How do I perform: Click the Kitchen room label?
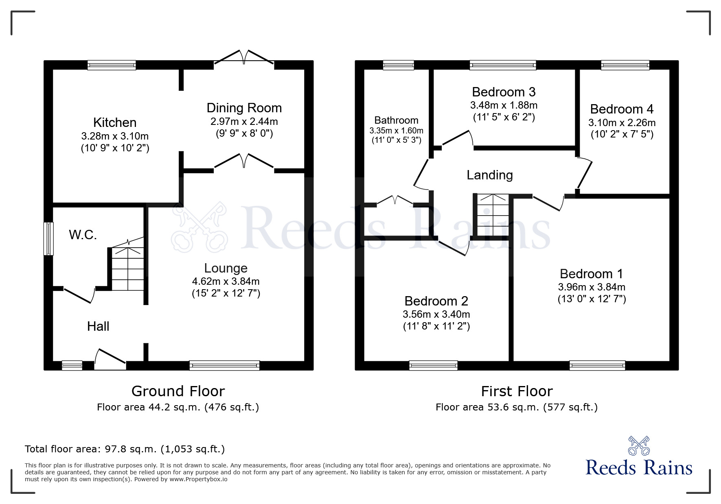click(115, 122)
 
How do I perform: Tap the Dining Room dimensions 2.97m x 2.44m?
click(244, 121)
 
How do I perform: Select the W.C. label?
click(83, 235)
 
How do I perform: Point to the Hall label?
click(98, 326)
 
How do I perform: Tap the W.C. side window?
click(49, 238)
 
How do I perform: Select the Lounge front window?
click(224, 365)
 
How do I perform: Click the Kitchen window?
click(112, 65)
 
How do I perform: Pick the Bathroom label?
click(396, 120)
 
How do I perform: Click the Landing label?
click(489, 175)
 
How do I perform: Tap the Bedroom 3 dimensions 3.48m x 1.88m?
click(504, 105)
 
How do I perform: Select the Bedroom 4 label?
click(622, 109)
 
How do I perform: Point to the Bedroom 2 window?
click(433, 365)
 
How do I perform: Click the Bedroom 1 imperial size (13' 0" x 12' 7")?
click(592, 299)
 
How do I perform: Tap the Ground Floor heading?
click(178, 391)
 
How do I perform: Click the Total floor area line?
click(125, 449)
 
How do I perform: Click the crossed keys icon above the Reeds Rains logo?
click(639, 446)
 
